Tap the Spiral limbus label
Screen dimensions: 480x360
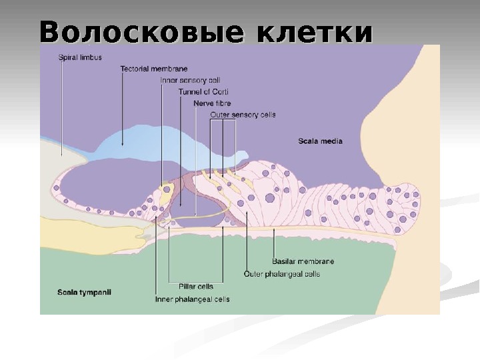pyautogui.click(x=80, y=57)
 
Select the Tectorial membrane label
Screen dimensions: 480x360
pyautogui.click(x=153, y=69)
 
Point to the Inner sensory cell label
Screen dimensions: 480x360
pyautogui.click(x=185, y=80)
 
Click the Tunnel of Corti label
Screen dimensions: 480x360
pyautogui.click(x=203, y=91)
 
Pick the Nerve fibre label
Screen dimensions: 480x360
pyautogui.click(x=211, y=103)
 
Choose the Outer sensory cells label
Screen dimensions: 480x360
pyautogui.click(x=243, y=115)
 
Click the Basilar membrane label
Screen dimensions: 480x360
pyautogui.click(x=303, y=261)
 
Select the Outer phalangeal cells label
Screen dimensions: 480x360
pyautogui.click(x=282, y=273)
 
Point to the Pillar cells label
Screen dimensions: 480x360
pyautogui.click(x=191, y=286)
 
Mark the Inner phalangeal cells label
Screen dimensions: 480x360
pyautogui.click(x=192, y=299)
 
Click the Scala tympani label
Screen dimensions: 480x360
pyautogui.click(x=84, y=291)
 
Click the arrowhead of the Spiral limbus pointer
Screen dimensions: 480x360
pyautogui.click(x=61, y=154)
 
